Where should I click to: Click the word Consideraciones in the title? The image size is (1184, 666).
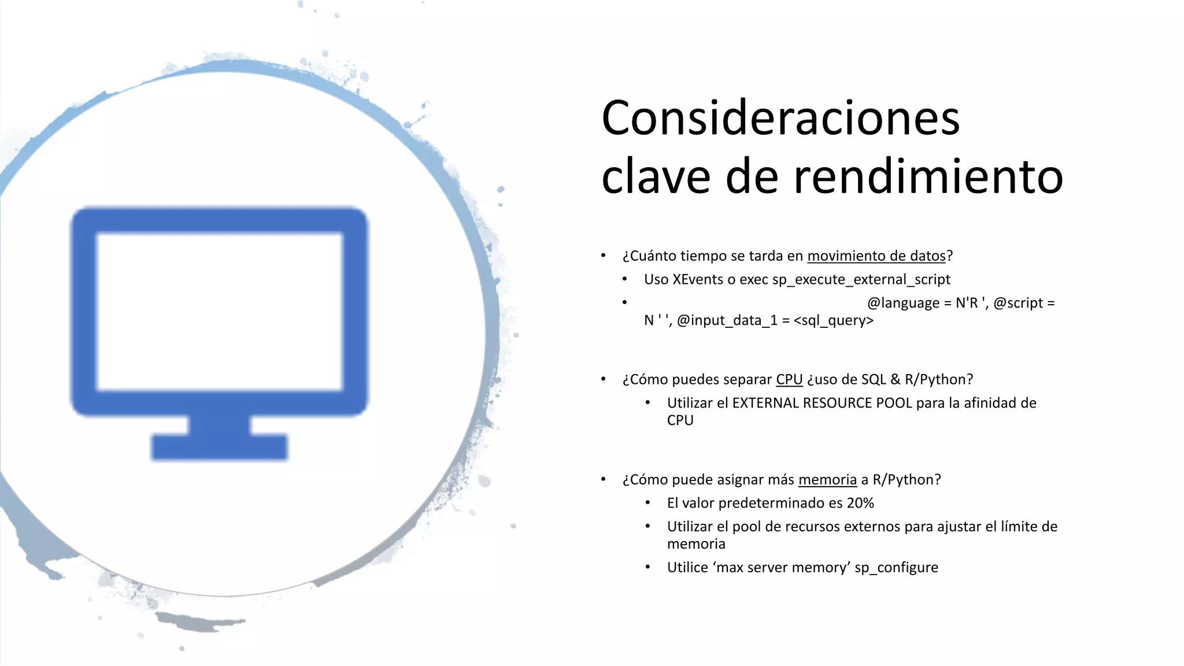[x=780, y=119]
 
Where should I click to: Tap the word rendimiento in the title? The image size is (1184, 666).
[x=928, y=176]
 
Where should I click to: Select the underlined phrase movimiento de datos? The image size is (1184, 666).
[x=876, y=256]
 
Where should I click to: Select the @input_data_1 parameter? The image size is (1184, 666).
[x=727, y=321]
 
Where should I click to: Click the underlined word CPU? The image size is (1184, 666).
[x=789, y=380]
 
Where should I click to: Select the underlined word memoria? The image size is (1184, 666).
[x=827, y=480]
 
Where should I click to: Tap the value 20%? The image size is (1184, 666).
[x=860, y=504]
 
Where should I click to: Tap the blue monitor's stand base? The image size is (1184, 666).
[x=219, y=446]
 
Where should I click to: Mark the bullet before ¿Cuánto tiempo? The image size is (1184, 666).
[x=603, y=256]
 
